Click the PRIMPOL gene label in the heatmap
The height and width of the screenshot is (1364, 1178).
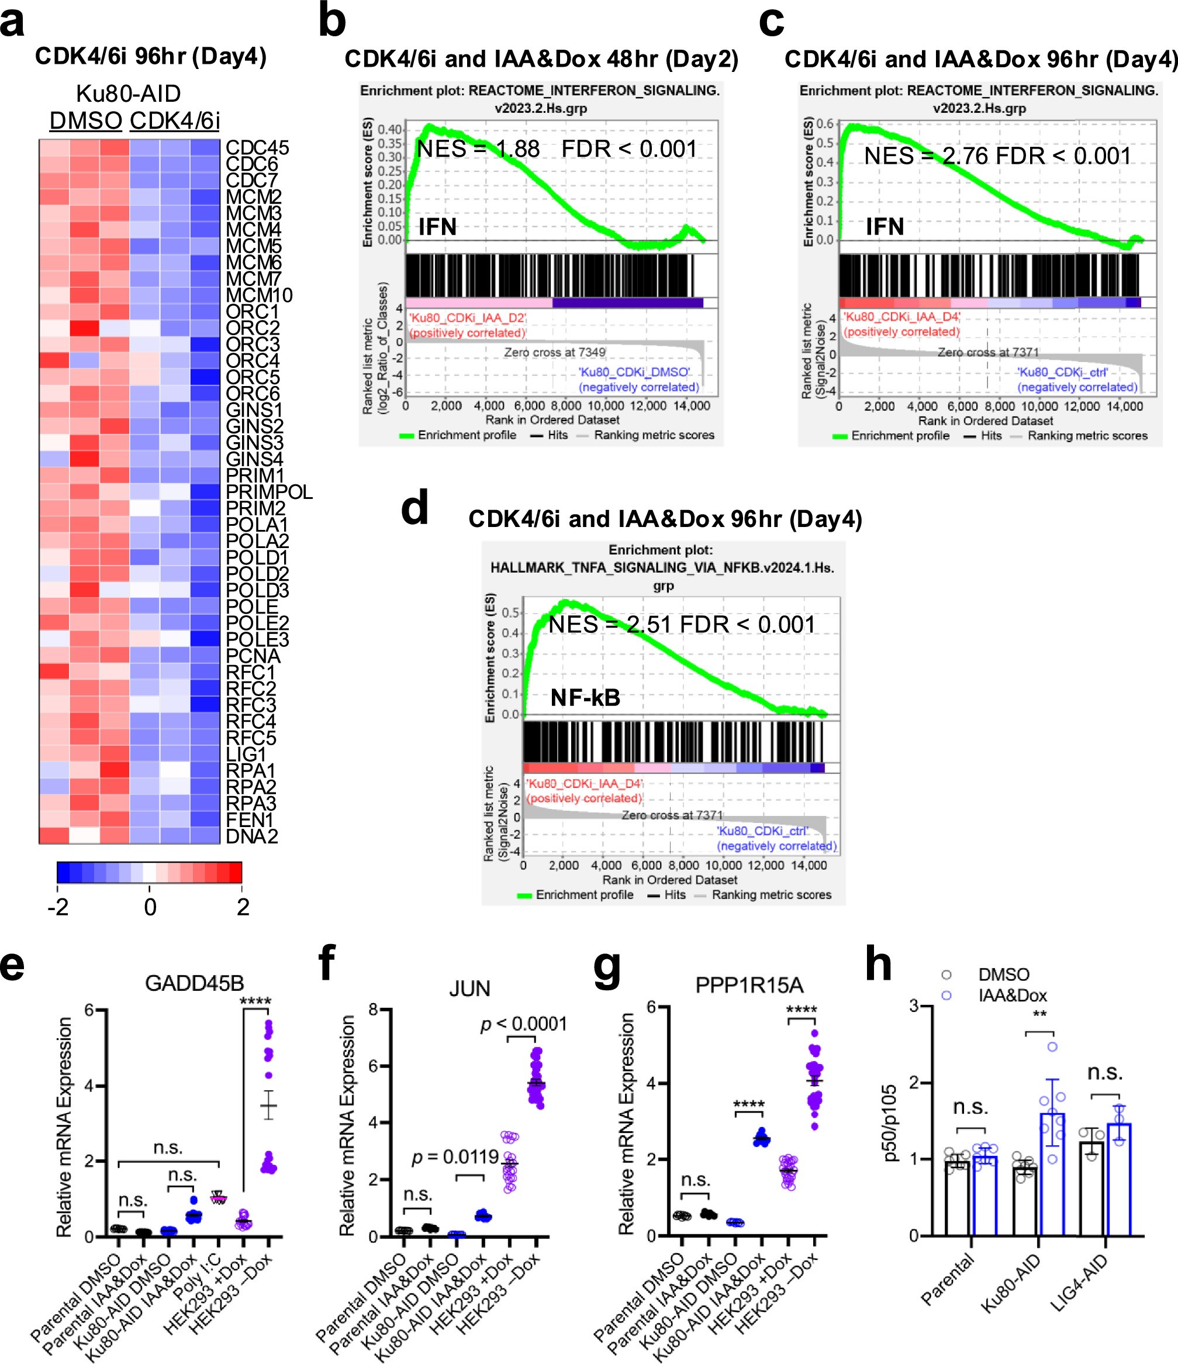(x=268, y=492)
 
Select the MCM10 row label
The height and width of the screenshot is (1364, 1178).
(x=258, y=295)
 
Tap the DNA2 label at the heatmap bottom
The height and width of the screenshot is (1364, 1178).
(x=251, y=836)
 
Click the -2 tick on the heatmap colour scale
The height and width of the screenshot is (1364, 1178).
(x=58, y=907)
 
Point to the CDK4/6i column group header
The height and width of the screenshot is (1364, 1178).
(x=174, y=120)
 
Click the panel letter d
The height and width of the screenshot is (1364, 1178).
(x=414, y=508)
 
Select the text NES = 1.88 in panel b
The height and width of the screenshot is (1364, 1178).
(x=478, y=149)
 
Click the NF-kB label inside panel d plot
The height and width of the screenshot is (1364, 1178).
(x=585, y=698)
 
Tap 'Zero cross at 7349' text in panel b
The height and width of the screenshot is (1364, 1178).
(x=554, y=352)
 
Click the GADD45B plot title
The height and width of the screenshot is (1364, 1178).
(x=194, y=983)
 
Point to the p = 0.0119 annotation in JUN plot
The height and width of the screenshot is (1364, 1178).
(x=455, y=1156)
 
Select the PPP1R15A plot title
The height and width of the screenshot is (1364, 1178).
(x=749, y=986)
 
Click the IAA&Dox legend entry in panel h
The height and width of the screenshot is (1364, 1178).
(x=1012, y=996)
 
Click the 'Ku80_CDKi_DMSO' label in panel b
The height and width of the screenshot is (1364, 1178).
(x=634, y=372)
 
